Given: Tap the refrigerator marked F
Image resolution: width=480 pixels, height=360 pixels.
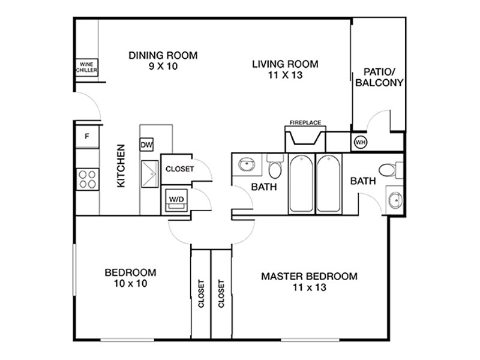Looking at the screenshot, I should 87,137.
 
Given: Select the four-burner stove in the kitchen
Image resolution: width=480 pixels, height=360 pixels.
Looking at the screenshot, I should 87,178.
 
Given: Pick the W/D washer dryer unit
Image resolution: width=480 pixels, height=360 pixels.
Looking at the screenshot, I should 176,199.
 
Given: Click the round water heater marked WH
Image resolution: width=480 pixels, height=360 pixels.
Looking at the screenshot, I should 361,142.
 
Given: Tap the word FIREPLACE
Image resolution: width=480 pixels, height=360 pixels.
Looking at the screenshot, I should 305,122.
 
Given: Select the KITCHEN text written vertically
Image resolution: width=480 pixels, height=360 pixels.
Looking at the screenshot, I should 121,166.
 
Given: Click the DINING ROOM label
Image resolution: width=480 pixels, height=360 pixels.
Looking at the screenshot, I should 163,55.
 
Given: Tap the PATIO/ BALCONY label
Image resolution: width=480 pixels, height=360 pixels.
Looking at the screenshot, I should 379,78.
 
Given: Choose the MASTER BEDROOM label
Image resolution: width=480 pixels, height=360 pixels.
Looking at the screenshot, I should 309,277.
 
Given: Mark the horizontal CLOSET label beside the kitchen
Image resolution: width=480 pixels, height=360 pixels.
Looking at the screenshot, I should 179,169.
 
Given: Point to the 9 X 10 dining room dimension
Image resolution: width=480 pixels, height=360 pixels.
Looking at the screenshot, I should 163,67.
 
